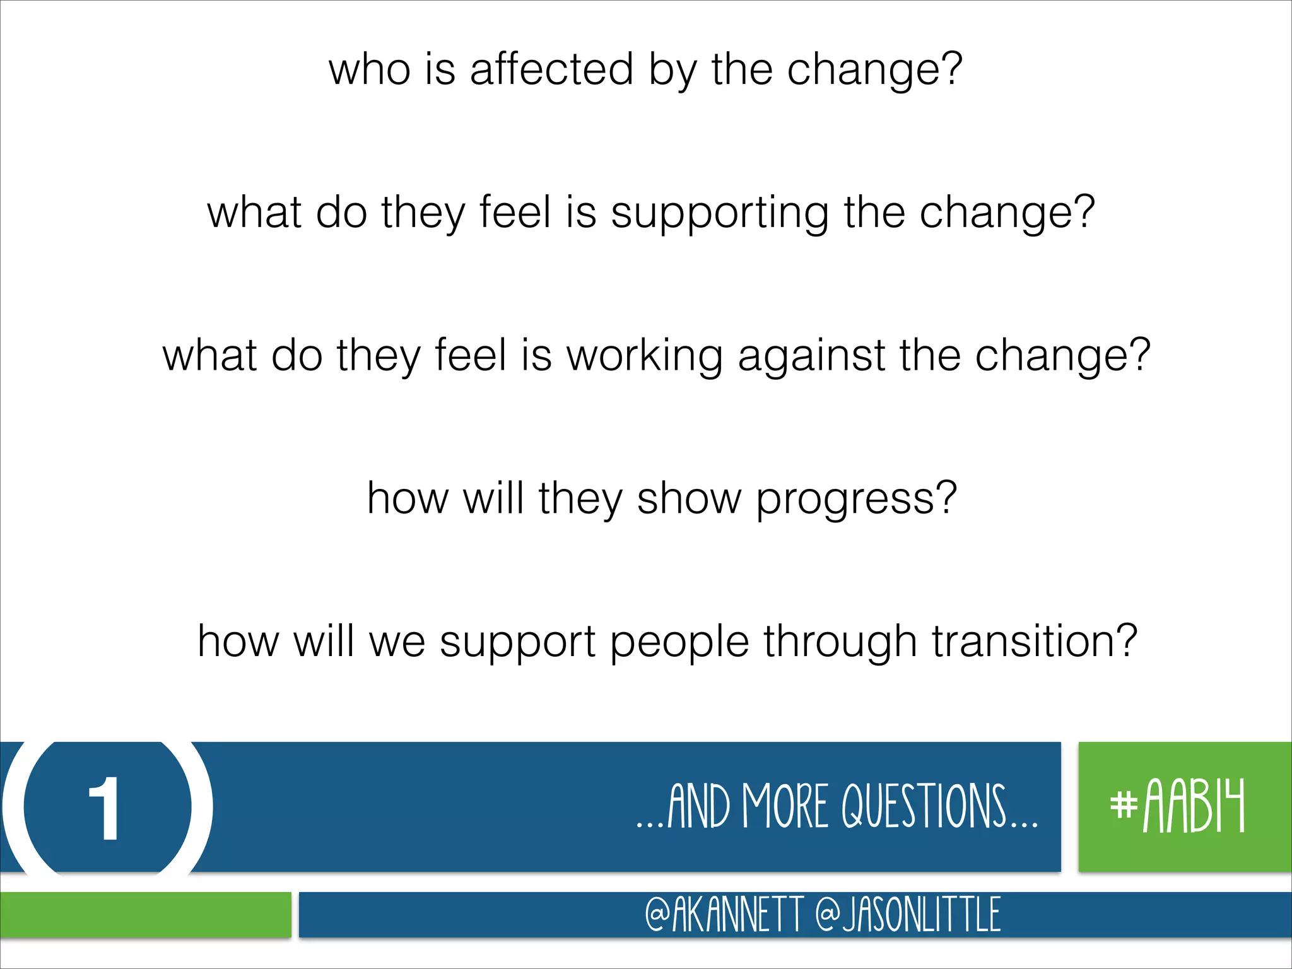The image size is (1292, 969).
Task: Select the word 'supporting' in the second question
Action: click(720, 213)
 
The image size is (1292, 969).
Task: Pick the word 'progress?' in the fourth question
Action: click(856, 499)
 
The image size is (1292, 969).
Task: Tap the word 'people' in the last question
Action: click(679, 642)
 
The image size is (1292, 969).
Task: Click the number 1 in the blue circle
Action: click(105, 808)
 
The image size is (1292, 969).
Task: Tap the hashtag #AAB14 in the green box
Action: click(1177, 806)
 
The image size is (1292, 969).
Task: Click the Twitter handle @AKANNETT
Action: click(724, 914)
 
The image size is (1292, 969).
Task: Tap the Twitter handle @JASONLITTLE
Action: click(907, 914)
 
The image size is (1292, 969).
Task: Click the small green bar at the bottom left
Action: click(145, 914)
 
